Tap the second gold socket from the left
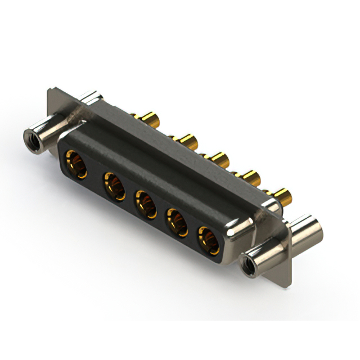[x=114, y=186]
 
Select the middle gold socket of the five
[x=145, y=204]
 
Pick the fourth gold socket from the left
[x=177, y=222]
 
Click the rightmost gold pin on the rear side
[x=282, y=197]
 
